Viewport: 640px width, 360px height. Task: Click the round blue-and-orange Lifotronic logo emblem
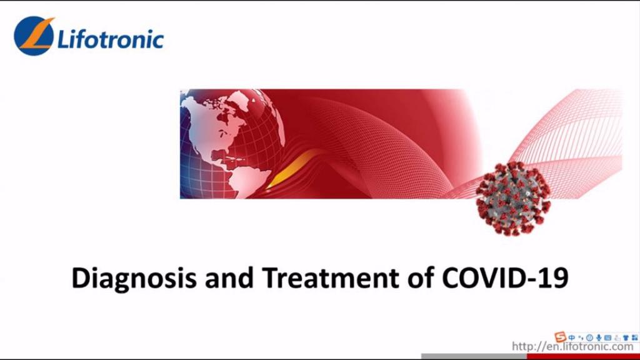[34, 36]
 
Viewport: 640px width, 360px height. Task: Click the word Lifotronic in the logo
[111, 39]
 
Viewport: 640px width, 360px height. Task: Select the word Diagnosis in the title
[134, 278]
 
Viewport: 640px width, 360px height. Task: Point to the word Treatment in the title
[330, 277]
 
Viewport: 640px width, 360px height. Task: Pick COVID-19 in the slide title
[505, 277]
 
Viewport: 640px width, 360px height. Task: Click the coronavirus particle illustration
[513, 198]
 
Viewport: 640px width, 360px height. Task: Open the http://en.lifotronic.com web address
[572, 346]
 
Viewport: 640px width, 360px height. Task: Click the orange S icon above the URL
[561, 337]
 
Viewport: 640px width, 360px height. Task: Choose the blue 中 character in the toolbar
[571, 337]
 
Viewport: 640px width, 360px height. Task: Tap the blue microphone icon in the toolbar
[598, 337]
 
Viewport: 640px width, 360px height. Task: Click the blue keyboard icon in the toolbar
[607, 337]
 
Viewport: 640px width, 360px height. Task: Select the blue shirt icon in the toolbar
[626, 338]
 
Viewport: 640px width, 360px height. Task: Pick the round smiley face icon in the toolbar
[589, 337]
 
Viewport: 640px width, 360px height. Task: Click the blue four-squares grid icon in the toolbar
[635, 337]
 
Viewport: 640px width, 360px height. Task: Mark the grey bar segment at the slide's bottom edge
[474, 356]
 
